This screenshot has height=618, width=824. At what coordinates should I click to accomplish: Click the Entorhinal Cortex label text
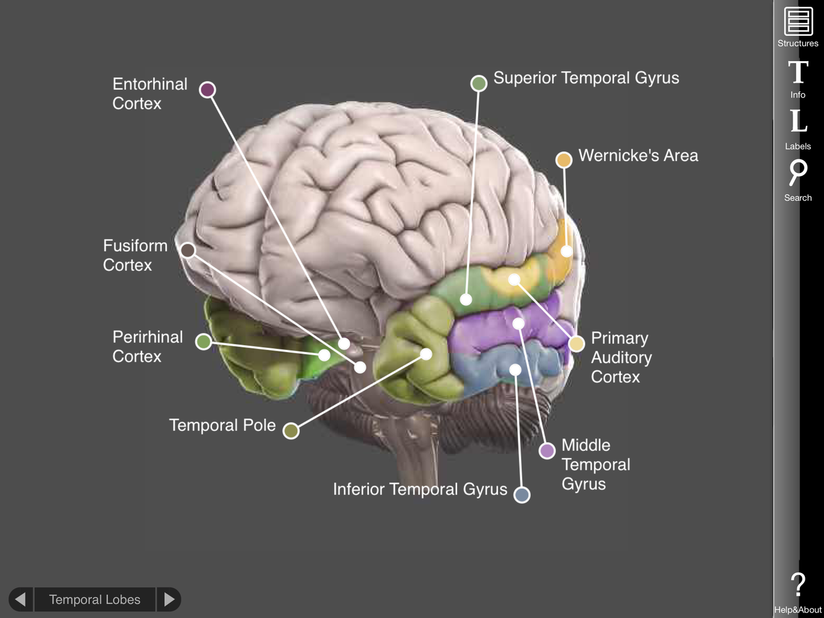coord(149,93)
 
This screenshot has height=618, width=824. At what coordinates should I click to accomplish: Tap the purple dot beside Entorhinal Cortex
coord(208,90)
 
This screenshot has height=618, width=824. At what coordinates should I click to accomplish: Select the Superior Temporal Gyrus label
coord(586,78)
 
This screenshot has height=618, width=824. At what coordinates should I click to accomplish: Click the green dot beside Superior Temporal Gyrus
coord(479,83)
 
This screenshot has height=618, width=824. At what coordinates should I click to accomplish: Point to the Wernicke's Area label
coord(638,156)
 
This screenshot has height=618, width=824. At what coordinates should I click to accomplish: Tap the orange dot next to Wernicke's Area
coord(564,160)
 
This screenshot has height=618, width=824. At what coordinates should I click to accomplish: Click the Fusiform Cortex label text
coord(135,255)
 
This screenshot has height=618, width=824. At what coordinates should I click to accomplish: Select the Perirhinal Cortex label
coord(148,346)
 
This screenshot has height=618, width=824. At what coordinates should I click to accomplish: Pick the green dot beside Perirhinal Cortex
coord(203,341)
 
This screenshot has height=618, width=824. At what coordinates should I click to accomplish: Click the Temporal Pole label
coord(222,425)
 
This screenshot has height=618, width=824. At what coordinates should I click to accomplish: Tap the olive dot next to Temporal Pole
coord(291,430)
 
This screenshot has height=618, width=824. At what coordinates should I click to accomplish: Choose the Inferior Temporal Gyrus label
coord(420,490)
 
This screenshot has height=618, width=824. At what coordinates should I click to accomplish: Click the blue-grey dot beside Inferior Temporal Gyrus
coord(522,495)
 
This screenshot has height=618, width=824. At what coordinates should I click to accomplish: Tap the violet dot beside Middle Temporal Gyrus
coord(547,451)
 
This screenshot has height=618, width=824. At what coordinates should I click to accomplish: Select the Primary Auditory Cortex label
coord(621,357)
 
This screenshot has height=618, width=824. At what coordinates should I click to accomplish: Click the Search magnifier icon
coord(798,173)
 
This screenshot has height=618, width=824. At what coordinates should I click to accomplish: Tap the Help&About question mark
coord(798,584)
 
